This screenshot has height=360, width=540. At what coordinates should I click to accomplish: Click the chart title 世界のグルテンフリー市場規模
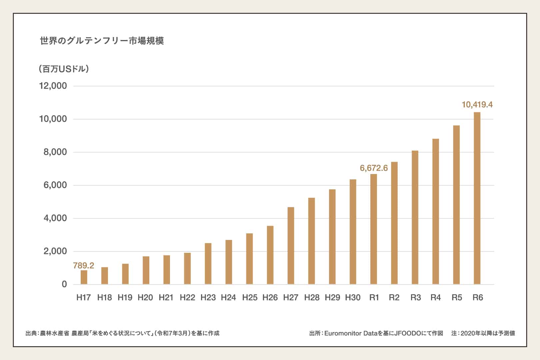click(x=102, y=41)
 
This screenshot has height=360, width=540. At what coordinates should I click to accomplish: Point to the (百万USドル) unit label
click(x=64, y=69)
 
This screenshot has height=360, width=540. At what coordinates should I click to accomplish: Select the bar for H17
click(x=84, y=277)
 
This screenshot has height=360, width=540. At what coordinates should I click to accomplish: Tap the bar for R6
click(x=477, y=198)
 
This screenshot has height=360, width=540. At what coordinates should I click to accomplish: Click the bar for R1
click(x=374, y=229)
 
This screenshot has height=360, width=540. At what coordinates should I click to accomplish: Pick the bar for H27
click(x=291, y=246)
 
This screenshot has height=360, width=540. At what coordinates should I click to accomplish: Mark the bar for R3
click(x=415, y=217)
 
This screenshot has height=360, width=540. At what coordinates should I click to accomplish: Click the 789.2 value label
click(x=84, y=266)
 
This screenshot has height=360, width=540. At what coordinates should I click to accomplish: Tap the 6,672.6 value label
click(x=374, y=168)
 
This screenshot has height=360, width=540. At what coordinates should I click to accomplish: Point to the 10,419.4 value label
click(x=477, y=105)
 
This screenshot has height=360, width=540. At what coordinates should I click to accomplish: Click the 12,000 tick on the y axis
click(x=53, y=86)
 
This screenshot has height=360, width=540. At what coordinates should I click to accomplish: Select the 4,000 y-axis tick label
click(x=55, y=218)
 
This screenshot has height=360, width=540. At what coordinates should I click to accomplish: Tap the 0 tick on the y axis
click(x=64, y=284)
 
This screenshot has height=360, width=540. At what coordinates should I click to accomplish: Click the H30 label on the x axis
click(x=353, y=298)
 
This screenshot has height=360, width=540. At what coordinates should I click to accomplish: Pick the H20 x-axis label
click(x=145, y=298)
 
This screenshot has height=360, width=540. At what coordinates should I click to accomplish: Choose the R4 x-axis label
click(x=436, y=298)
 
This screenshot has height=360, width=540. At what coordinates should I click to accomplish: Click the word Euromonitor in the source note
click(x=343, y=333)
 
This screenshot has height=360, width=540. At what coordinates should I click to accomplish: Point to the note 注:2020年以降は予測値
click(x=483, y=333)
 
